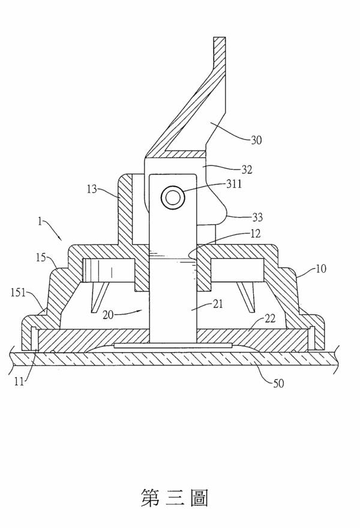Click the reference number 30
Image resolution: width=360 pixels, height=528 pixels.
tap(256, 140)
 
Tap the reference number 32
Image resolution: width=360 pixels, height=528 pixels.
tap(247, 169)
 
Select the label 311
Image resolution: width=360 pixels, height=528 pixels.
tap(234, 184)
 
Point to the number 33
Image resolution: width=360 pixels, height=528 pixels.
tap(257, 217)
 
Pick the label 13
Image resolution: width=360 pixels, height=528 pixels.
tap(92, 189)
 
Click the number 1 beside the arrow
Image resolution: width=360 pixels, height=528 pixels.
tap(40, 221)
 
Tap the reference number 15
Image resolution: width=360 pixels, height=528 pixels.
tap(41, 257)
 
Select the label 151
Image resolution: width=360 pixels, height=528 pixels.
tap(19, 292)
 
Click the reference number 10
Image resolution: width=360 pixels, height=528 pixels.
tap(321, 269)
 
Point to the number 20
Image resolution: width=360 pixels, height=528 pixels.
tap(108, 315)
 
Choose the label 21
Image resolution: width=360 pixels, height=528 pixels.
tap(218, 304)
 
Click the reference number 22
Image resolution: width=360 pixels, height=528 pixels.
tap(270, 318)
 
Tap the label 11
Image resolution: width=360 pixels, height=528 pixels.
tap(19, 382)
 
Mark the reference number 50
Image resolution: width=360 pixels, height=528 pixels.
tap(278, 383)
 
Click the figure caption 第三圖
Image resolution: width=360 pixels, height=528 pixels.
tap(174, 497)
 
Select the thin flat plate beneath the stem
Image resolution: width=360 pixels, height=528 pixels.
tap(173, 346)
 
